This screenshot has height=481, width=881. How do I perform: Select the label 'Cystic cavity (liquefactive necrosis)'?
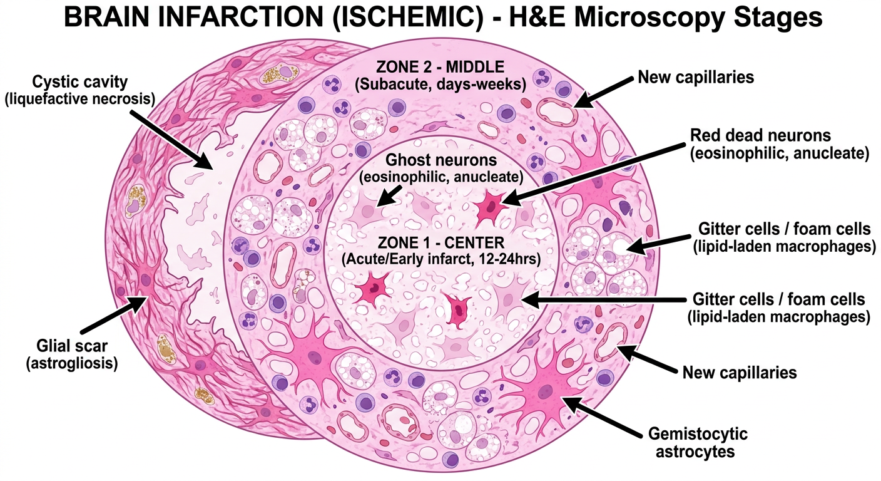80,90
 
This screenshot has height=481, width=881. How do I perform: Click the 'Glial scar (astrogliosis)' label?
72,354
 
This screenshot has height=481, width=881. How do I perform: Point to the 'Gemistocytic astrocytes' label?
698,442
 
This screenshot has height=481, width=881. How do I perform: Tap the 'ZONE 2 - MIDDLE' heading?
440,67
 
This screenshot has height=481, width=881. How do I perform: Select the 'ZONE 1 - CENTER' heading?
441,242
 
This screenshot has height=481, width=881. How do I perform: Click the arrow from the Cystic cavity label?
171,139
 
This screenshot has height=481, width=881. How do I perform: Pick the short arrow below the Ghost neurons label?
389,195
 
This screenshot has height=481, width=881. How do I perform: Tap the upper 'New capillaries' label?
696,77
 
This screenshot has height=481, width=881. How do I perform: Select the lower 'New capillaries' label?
740,373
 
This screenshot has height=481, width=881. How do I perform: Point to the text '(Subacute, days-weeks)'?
440,84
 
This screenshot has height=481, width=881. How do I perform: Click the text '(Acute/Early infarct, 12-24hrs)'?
441,260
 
